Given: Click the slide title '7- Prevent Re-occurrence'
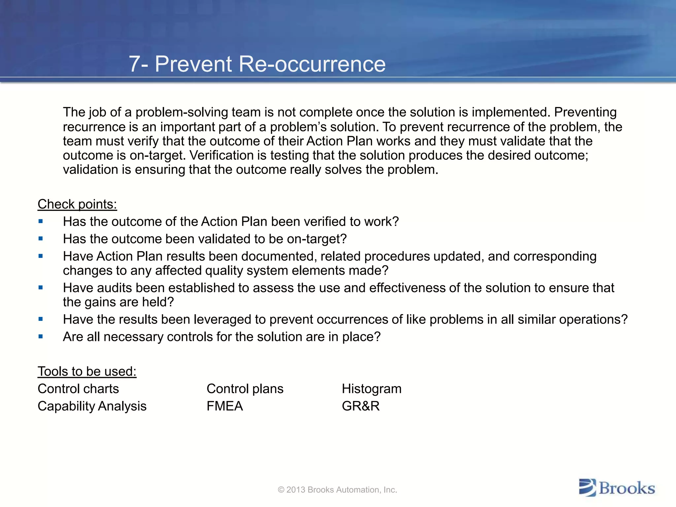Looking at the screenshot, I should (257, 64).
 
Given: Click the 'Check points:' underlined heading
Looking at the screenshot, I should (77, 204).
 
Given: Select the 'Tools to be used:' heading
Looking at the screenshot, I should (87, 371).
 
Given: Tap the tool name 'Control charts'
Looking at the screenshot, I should (78, 389).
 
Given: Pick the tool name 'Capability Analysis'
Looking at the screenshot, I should (92, 406).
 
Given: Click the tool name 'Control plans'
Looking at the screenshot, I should (245, 389).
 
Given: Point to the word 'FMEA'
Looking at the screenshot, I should (225, 406).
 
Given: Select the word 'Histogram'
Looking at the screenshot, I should (372, 389).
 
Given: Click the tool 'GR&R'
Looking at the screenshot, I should (361, 406).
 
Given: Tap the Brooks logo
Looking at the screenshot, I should (617, 488).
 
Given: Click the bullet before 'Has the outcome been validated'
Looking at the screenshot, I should (41, 239).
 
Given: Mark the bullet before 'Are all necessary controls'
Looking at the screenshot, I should (41, 337).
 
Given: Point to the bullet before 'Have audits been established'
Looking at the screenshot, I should (41, 288).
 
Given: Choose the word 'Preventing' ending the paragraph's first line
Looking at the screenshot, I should (585, 112).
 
